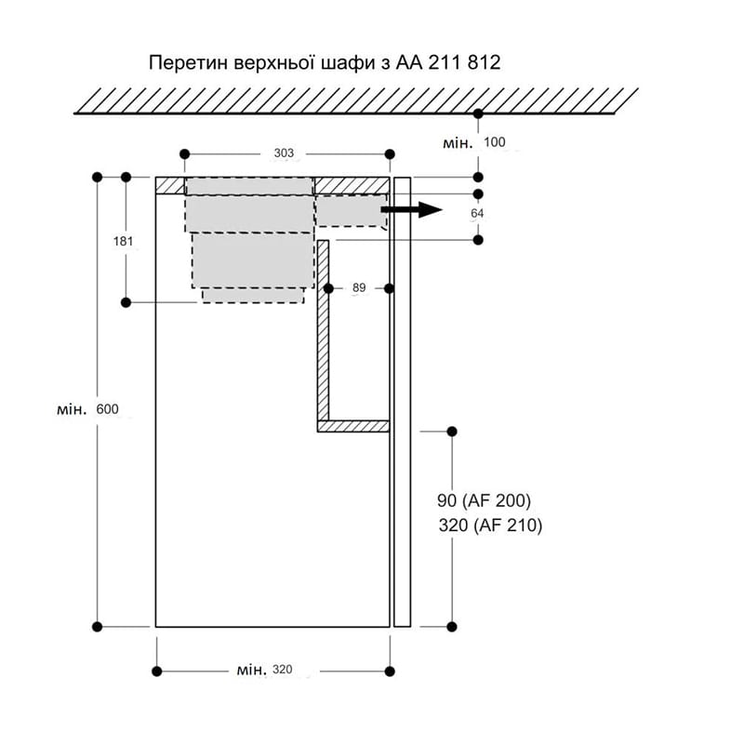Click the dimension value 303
click(284, 153)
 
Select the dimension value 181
click(123, 242)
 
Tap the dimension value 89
click(359, 287)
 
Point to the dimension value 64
click(477, 214)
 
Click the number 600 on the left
click(107, 409)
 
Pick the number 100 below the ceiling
click(495, 142)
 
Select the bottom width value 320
click(283, 670)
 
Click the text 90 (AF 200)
click(484, 500)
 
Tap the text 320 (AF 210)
click(490, 525)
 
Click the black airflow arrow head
click(431, 209)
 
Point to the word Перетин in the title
click(189, 62)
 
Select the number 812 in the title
click(484, 62)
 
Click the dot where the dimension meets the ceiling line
click(478, 113)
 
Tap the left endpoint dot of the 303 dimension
click(184, 154)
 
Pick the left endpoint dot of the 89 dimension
click(328, 288)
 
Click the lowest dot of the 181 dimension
click(126, 302)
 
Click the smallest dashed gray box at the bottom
click(253, 295)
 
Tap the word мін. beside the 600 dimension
click(73, 409)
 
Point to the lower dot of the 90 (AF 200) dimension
click(452, 627)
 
